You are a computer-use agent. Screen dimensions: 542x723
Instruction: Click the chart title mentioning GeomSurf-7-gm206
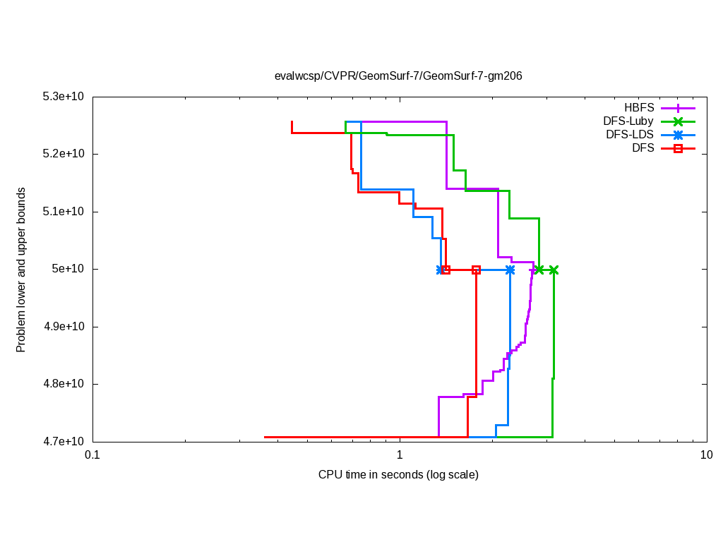[398, 76]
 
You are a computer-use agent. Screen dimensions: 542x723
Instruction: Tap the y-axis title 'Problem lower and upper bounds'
[21, 270]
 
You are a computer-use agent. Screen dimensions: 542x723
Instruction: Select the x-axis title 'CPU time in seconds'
[398, 474]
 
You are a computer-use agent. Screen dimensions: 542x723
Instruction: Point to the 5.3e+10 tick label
[64, 96]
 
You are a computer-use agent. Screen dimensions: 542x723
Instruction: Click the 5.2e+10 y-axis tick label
[64, 154]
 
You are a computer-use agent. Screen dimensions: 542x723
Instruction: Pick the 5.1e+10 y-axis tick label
[64, 212]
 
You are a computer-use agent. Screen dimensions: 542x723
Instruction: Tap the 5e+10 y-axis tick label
[69, 269]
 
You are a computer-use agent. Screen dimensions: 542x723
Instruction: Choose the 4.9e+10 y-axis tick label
[64, 327]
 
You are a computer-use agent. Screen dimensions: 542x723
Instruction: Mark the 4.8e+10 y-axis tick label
[64, 385]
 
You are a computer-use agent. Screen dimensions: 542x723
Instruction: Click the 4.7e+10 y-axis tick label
[64, 442]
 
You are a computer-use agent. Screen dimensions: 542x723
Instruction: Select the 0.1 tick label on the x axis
[92, 455]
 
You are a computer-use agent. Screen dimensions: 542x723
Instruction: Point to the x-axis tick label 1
[400, 455]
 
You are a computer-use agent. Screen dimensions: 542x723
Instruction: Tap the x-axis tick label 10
[706, 455]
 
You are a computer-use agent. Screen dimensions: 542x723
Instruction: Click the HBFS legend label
[639, 108]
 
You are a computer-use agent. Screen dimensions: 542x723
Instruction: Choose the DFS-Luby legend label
[628, 121]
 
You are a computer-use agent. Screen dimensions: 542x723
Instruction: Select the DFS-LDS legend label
[629, 135]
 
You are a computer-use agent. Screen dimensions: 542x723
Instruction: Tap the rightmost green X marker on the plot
[554, 270]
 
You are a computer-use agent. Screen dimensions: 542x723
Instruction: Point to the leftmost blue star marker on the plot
[441, 270]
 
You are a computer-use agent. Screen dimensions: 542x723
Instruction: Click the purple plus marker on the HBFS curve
[532, 270]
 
